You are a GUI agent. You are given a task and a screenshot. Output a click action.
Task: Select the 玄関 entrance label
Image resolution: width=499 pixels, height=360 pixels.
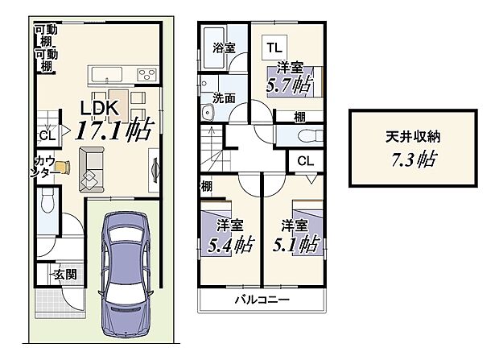(65, 276)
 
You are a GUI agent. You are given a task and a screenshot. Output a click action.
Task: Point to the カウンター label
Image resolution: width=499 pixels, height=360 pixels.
(44, 166)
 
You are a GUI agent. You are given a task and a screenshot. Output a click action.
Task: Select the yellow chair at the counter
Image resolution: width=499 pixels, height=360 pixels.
(65, 167)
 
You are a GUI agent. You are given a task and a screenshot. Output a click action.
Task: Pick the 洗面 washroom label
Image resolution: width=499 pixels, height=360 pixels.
(224, 98)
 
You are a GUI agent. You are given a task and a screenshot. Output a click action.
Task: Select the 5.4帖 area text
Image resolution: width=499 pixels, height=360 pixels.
(229, 241)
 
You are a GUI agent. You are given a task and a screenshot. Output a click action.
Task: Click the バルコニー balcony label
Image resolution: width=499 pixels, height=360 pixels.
(262, 300)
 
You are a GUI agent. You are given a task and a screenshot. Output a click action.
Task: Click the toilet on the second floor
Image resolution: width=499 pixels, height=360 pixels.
(307, 134)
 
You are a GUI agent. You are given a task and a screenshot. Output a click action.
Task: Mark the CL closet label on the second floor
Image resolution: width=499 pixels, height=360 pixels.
(305, 160)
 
